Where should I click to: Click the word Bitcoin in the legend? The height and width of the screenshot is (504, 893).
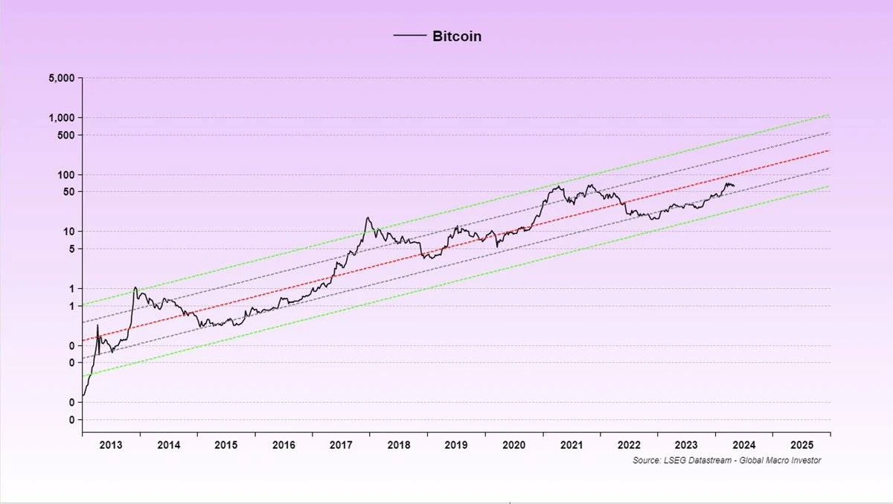457,36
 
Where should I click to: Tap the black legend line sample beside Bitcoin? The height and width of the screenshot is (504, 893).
409,36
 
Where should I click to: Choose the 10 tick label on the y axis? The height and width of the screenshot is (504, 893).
71,231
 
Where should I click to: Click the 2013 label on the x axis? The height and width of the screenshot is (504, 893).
111,444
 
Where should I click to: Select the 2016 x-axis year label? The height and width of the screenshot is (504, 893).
284,444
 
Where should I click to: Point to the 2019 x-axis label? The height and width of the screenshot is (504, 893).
456,444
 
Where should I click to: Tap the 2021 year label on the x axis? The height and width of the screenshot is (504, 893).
572,444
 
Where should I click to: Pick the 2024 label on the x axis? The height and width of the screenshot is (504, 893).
744,444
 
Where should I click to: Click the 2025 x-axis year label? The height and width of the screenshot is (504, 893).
801,444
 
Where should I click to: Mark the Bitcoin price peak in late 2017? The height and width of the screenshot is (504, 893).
368,217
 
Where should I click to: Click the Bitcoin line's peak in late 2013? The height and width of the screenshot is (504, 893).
135,287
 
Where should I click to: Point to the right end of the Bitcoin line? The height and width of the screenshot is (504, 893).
734,185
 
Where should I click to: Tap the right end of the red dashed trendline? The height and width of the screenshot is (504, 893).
829,150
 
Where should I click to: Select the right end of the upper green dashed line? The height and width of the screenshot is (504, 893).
829,115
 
